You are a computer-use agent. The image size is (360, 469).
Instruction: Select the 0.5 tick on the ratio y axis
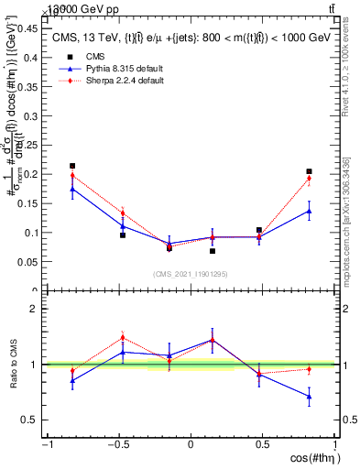click(x=32, y=420)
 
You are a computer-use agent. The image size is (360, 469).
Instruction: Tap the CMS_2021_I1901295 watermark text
click(x=191, y=274)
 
